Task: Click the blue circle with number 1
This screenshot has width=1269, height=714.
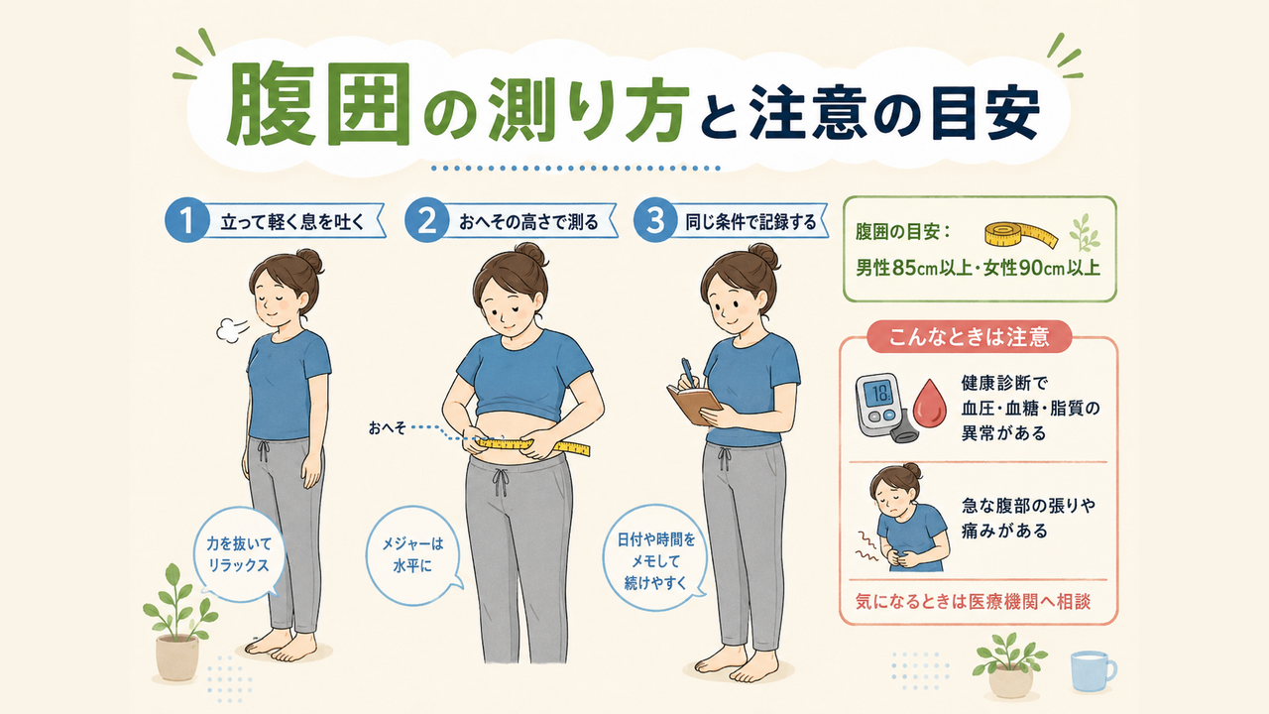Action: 186,220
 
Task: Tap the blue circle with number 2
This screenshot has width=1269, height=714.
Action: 426,220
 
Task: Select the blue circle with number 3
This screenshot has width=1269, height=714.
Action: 655,220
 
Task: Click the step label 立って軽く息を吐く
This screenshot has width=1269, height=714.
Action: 292,221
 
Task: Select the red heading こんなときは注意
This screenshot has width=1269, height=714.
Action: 969,336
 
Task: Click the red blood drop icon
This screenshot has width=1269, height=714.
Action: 930,404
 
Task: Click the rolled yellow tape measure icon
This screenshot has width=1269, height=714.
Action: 1020,235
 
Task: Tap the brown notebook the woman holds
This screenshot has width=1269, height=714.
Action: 695,404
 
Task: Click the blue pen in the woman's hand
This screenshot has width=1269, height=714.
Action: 689,372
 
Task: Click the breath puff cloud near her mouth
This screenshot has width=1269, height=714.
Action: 231,329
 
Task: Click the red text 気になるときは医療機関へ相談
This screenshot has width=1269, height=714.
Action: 973,601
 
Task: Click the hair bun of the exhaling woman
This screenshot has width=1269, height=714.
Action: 310,260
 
